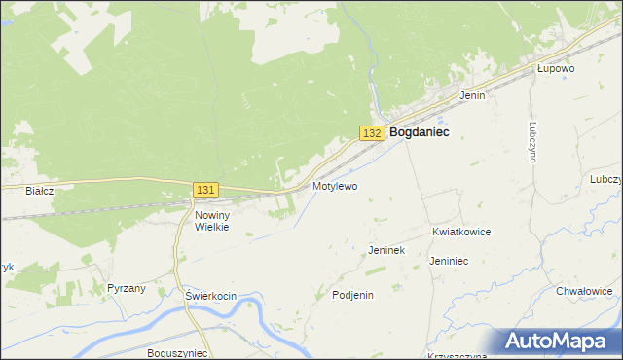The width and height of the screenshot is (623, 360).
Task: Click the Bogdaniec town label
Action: point(419,132)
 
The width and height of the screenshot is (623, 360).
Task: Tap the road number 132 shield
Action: point(371,132)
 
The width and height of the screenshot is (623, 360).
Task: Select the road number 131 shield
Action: point(205,190)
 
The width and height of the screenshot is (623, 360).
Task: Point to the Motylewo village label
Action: point(335,185)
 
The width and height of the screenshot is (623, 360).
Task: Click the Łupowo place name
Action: point(557,69)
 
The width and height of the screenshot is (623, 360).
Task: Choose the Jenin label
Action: point(472,95)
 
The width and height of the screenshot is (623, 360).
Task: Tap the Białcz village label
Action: point(39,192)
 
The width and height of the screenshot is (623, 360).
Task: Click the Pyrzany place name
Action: point(127,289)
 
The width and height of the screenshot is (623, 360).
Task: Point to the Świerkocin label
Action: point(210,295)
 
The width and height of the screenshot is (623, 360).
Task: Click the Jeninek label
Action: point(385,250)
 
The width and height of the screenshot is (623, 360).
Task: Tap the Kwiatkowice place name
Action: point(460,233)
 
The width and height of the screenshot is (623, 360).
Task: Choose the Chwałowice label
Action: point(584,290)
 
